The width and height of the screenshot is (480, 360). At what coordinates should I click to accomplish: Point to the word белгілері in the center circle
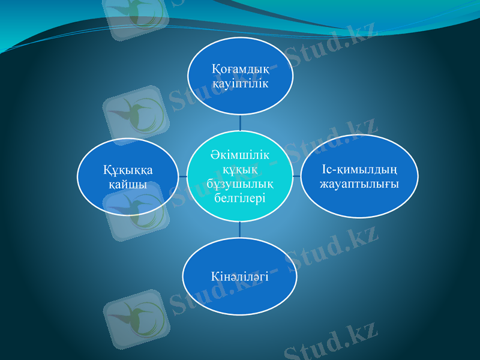240,197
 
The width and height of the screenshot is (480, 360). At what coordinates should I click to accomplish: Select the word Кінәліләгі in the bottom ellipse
240,277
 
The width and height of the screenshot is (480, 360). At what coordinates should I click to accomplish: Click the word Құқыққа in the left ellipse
128,170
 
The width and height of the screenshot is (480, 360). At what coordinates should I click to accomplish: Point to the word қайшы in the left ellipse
128,184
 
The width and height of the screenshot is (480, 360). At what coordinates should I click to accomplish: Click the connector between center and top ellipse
240,124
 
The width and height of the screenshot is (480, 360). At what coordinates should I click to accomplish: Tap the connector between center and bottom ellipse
240,229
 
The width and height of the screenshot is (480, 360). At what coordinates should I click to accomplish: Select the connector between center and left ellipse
183,176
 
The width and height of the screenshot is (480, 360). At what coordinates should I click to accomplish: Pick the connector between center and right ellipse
298,176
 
